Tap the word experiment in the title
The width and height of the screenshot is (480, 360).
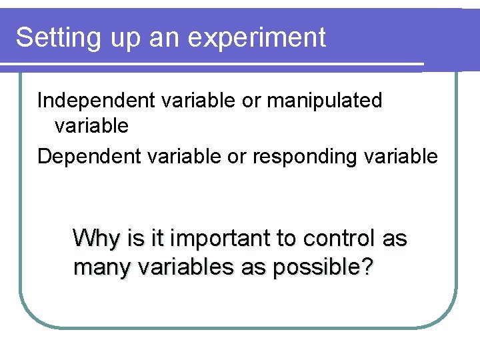pos(257,38)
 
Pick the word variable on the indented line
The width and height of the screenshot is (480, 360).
pos(91,125)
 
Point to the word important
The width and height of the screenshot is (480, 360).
pos(221,238)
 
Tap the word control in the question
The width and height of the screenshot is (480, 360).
pos(339,238)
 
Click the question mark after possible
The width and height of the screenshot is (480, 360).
pos(366,267)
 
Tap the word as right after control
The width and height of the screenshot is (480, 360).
pos(395,238)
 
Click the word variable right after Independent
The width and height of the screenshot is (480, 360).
pos(190,101)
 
